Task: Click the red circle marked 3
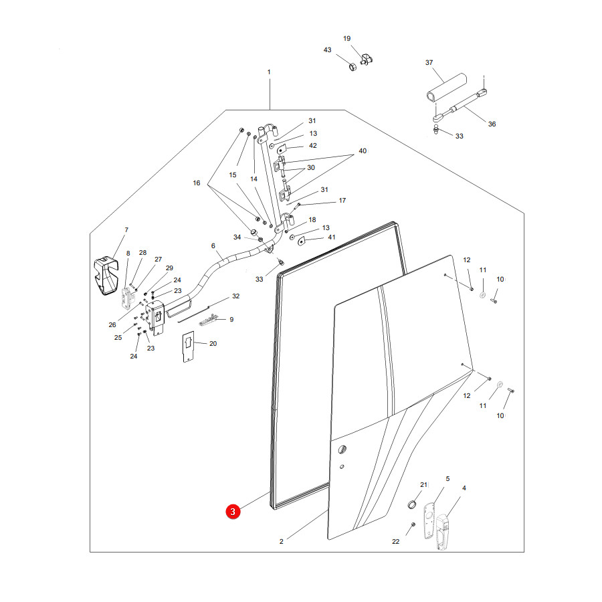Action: (x=233, y=512)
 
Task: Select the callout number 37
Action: (x=429, y=63)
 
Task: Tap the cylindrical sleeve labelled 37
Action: (x=447, y=88)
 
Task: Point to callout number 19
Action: (x=346, y=38)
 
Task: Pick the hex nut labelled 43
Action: (x=353, y=67)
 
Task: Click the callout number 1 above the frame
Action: (x=269, y=72)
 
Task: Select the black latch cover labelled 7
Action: (x=106, y=276)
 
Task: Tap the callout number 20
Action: (x=213, y=344)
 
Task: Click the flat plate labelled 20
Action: (x=188, y=346)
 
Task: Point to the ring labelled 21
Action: (x=411, y=504)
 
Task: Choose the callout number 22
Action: (x=395, y=541)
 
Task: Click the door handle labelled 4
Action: (x=443, y=532)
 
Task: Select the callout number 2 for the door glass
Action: (x=281, y=541)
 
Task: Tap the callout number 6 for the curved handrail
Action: (x=213, y=245)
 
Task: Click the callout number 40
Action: (x=363, y=151)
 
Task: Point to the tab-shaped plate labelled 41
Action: (x=301, y=241)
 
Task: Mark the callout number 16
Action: (x=197, y=183)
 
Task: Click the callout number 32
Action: (x=235, y=296)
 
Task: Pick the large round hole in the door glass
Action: (x=342, y=449)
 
